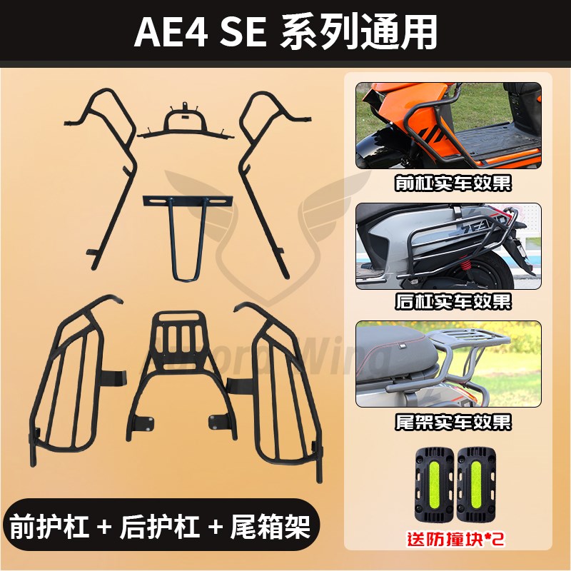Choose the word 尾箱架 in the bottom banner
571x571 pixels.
pyautogui.click(x=273, y=528)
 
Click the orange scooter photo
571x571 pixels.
pyautogui.click(x=448, y=126)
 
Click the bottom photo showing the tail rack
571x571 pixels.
pyautogui.click(x=448, y=364)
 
